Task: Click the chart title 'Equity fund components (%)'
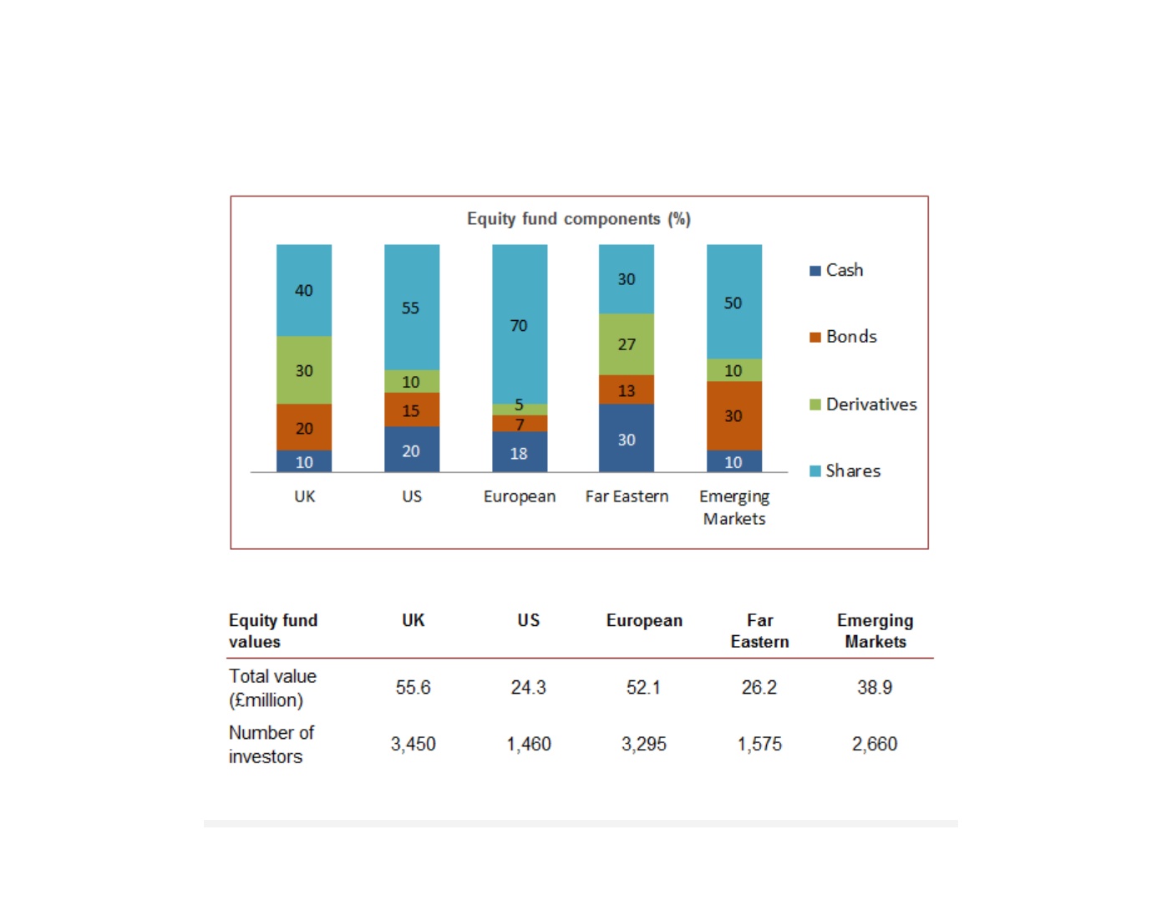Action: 579,219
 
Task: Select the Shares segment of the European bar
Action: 520,324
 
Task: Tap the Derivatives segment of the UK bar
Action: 304,369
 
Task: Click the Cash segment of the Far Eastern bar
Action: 627,438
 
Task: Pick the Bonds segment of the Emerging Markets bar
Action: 734,415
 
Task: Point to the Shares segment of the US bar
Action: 412,307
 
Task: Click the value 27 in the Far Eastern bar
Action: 627,344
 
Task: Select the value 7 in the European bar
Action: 520,425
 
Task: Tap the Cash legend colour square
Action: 815,271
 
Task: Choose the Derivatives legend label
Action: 871,405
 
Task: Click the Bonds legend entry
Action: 843,337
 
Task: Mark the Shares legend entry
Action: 845,471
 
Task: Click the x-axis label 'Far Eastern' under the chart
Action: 627,496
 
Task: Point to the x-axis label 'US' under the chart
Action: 412,496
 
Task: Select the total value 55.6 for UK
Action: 413,687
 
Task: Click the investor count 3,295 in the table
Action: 644,744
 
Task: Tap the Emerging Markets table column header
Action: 875,631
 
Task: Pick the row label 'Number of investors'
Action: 271,744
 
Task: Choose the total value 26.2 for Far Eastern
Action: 759,687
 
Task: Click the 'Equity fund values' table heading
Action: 273,631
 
